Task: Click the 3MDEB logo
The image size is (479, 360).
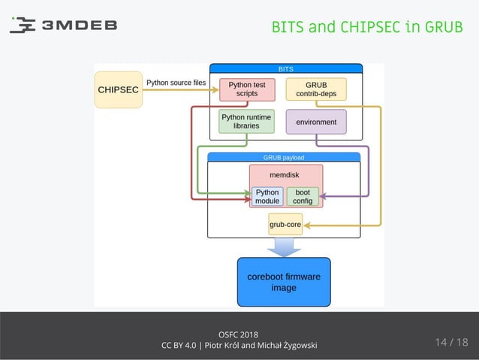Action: [63, 25]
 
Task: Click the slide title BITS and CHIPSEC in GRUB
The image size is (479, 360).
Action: [366, 27]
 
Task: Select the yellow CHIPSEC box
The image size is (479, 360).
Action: [118, 89]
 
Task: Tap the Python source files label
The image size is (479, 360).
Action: [176, 83]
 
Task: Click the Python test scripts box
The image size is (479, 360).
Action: [247, 89]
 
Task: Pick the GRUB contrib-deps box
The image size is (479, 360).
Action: [316, 89]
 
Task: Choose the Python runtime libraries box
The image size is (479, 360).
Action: [240, 121]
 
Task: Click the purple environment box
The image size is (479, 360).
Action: [316, 122]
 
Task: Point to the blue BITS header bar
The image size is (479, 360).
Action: [285, 68]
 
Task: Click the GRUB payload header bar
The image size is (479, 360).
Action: [283, 158]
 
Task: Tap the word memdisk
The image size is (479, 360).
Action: [285, 174]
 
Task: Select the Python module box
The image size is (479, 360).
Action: [267, 196]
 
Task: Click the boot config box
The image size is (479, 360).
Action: [303, 196]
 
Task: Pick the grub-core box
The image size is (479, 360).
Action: [285, 224]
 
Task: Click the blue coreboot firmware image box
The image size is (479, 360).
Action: [284, 282]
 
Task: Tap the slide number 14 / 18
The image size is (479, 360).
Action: [450, 343]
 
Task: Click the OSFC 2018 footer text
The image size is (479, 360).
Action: [239, 334]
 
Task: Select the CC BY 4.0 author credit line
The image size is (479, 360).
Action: [239, 346]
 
